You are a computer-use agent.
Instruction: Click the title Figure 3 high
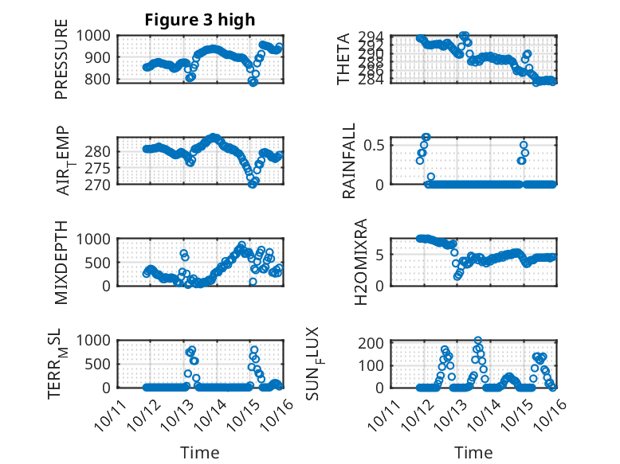coord(199,20)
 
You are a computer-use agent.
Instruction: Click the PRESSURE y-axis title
coord(61,65)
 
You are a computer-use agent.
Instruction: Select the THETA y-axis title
coord(343,59)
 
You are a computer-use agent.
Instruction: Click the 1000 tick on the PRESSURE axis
coord(96,35)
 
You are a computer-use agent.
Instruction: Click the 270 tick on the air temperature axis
coord(101,184)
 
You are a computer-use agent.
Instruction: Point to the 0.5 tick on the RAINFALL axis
coord(374,145)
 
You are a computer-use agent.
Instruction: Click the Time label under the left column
coord(199,452)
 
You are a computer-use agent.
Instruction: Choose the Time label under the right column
coord(473,452)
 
